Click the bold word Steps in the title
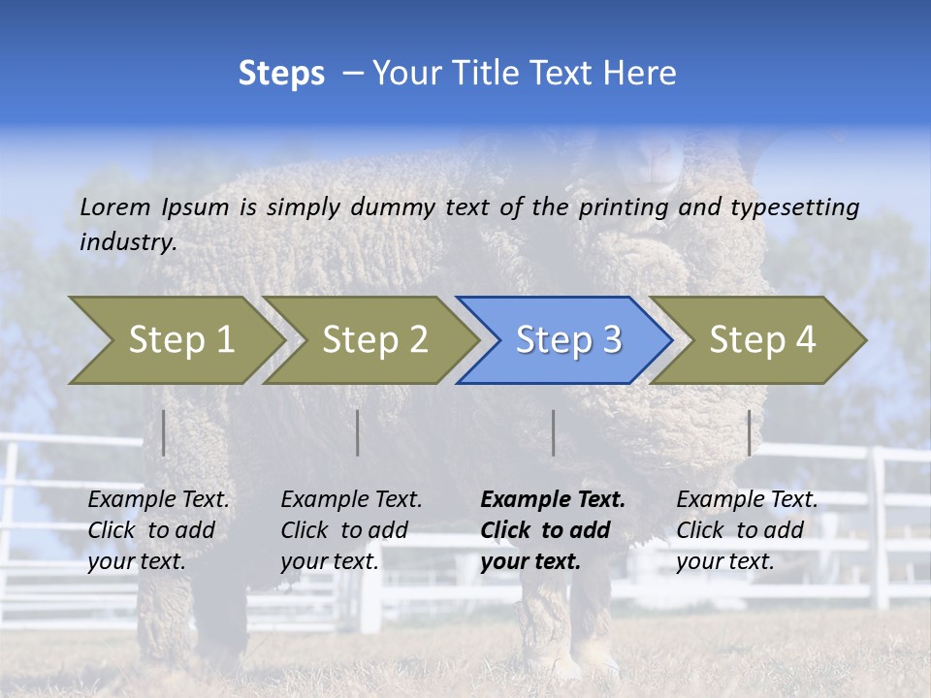tap(281, 74)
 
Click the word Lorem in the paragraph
tap(115, 206)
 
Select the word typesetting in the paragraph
tap(794, 206)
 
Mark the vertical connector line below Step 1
tap(164, 432)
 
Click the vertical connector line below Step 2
tap(358, 432)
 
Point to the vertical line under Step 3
tap(553, 432)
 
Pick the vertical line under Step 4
tap(749, 432)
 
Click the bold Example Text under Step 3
tap(553, 500)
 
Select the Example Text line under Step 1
tap(158, 500)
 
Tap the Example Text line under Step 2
tap(351, 500)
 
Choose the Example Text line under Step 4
tap(747, 500)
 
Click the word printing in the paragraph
tap(624, 206)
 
